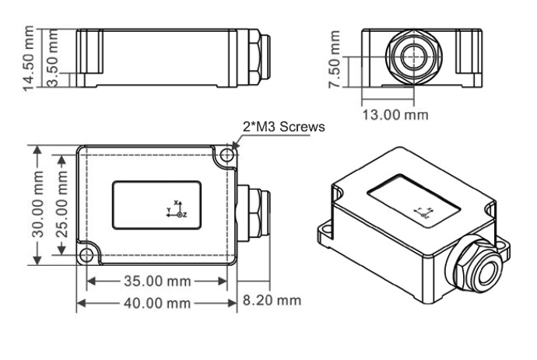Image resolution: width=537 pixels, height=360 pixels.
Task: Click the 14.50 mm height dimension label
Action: [30, 59]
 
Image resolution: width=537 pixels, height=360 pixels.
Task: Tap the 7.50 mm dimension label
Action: [335, 59]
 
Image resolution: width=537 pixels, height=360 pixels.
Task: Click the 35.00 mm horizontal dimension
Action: [156, 281]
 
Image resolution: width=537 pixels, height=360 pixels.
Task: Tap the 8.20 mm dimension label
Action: [272, 299]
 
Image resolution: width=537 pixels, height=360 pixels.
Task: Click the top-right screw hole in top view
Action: [226, 156]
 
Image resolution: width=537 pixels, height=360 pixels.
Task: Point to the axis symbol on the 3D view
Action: [423, 212]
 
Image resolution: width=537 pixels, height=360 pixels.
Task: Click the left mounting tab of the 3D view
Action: [325, 231]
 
